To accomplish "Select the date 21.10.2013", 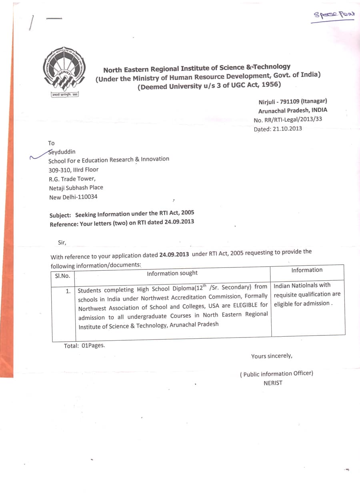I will (x=288, y=129).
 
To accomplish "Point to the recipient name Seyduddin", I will (x=62, y=152).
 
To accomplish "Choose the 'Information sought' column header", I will (x=172, y=273).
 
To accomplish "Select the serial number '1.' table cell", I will (x=68, y=291).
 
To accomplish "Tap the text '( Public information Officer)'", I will (x=276, y=373).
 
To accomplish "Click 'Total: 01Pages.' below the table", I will (x=84, y=345).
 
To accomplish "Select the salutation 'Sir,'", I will (x=62, y=242).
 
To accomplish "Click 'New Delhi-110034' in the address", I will (x=73, y=197).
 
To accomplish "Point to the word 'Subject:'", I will (x=60, y=215).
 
